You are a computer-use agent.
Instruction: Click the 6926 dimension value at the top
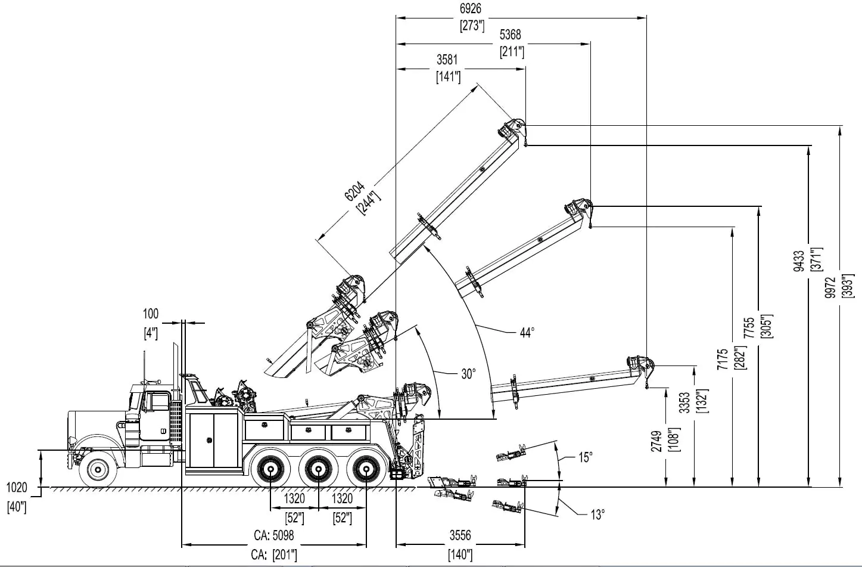pyautogui.click(x=470, y=8)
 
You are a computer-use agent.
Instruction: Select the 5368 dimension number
pyautogui.click(x=511, y=35)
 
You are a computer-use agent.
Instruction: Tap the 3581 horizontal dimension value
pyautogui.click(x=447, y=60)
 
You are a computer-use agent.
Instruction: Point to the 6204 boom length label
pyautogui.click(x=354, y=191)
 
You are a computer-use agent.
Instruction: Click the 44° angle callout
pyautogui.click(x=527, y=333)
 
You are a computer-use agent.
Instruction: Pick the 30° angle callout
pyautogui.click(x=468, y=374)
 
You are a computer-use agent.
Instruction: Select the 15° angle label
pyautogui.click(x=586, y=457)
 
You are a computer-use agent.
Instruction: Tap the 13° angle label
pyautogui.click(x=598, y=515)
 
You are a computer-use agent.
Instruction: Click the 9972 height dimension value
pyautogui.click(x=830, y=287)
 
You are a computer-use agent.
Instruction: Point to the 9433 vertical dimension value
pyautogui.click(x=799, y=261)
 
